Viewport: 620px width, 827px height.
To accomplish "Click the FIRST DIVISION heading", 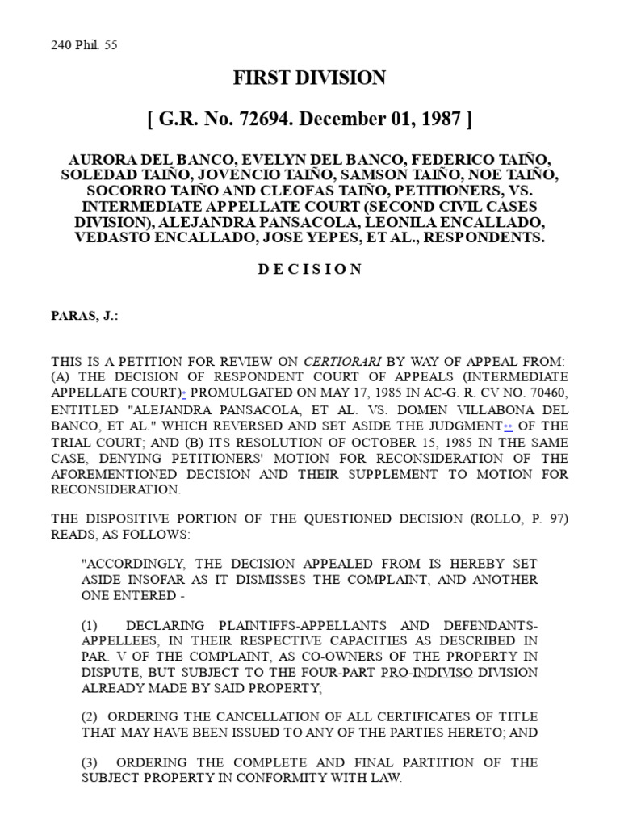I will coord(310,78).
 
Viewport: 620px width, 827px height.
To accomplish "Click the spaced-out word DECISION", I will coord(310,269).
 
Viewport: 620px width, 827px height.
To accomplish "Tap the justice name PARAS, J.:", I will coord(85,317).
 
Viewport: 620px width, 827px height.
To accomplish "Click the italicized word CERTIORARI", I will coord(336,361).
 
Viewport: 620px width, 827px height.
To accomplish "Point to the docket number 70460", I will coord(548,393).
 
